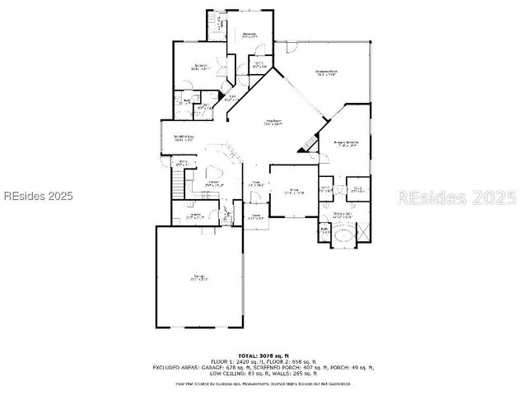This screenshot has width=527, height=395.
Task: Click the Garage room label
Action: coord(198,276)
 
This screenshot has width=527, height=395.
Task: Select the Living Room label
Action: coord(273,123)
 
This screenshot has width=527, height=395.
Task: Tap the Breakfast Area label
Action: coord(184,138)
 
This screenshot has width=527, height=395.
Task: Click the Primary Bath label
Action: coord(343,214)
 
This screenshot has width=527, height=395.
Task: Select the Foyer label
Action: coord(256,184)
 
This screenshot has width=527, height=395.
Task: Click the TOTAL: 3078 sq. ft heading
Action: coord(263,355)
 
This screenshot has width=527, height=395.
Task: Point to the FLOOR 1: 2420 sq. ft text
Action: coord(235,361)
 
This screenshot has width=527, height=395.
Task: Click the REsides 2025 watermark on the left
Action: coord(38,197)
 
